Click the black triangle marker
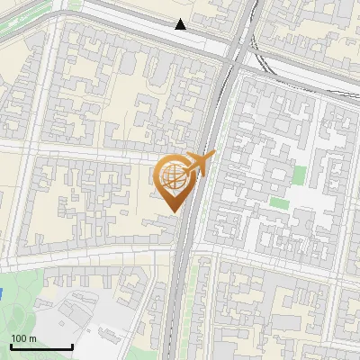click(x=181, y=24)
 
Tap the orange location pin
click(x=175, y=180)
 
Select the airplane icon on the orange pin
click(x=199, y=163)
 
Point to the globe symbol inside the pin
click(x=174, y=176)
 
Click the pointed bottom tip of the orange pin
click(x=174, y=211)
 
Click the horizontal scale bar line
click(x=41, y=347)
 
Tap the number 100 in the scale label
click(x=19, y=338)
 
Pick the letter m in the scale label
click(x=32, y=338)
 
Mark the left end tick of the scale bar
click(x=11, y=346)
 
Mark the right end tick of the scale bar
click(x=72, y=346)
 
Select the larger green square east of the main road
click(x=299, y=174)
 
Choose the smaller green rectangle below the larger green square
click(x=280, y=203)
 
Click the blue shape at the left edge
click(x=2, y=293)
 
